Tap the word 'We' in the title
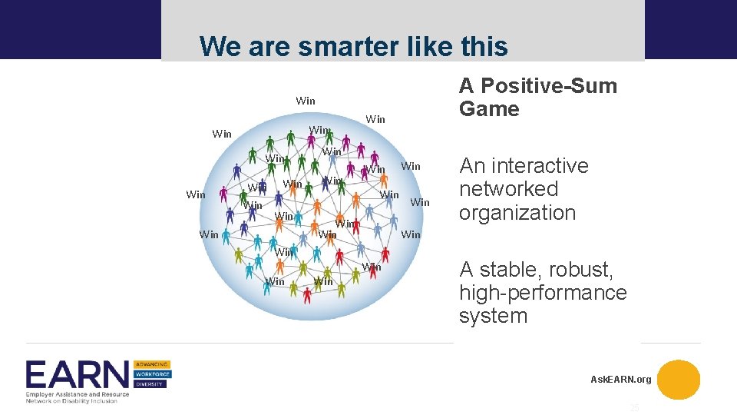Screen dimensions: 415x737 (x=217, y=47)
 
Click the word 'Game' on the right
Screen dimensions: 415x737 (x=489, y=109)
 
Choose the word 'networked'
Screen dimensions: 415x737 (x=508, y=189)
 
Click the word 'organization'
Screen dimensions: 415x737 (x=517, y=213)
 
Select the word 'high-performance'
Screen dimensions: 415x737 (x=543, y=293)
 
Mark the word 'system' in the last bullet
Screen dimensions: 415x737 (x=493, y=316)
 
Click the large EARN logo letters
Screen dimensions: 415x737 (x=77, y=375)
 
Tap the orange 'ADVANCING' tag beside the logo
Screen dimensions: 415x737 (x=152, y=364)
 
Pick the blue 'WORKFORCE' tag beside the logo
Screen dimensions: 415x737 (x=152, y=374)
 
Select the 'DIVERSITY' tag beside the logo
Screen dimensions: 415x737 (x=150, y=384)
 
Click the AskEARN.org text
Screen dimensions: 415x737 (x=620, y=380)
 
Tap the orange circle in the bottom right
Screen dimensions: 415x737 (x=679, y=380)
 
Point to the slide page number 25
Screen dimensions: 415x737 (x=634, y=408)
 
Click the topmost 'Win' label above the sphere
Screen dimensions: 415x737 (x=305, y=101)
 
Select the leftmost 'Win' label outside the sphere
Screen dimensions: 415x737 (x=196, y=194)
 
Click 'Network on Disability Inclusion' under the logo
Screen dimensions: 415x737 (x=71, y=400)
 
